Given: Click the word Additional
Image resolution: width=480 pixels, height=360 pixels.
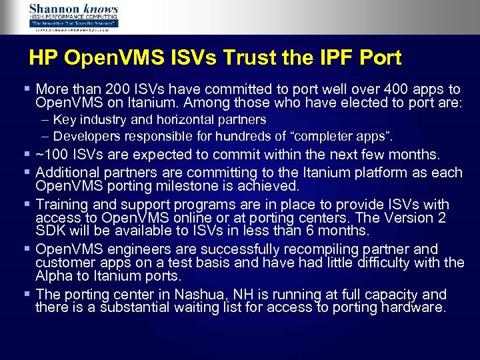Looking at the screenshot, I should pos(67,172).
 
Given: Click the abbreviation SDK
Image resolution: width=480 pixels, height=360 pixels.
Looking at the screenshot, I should pos(50,231).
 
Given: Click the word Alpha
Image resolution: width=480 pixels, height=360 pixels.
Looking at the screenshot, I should pos(55,276).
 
